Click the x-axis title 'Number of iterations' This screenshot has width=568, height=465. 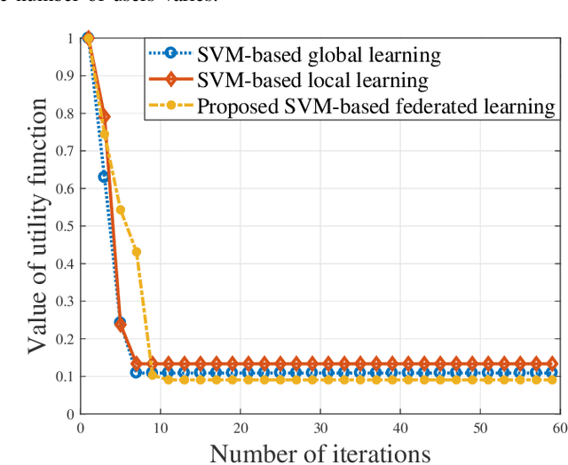[x=319, y=453]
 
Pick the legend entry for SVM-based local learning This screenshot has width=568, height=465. [x=312, y=81]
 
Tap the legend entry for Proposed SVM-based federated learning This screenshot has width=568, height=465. [x=376, y=107]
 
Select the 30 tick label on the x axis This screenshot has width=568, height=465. [x=319, y=426]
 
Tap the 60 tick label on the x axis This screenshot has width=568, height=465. [x=560, y=426]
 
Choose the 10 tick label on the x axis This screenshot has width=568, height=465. [x=160, y=426]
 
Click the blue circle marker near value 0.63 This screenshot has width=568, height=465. [x=104, y=177]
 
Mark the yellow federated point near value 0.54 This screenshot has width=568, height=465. [x=121, y=210]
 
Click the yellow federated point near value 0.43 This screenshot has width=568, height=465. [x=137, y=252]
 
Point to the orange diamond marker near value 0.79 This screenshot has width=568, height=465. [x=105, y=116]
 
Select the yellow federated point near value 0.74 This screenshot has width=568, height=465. [x=104, y=135]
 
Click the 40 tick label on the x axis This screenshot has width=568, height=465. [x=399, y=426]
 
